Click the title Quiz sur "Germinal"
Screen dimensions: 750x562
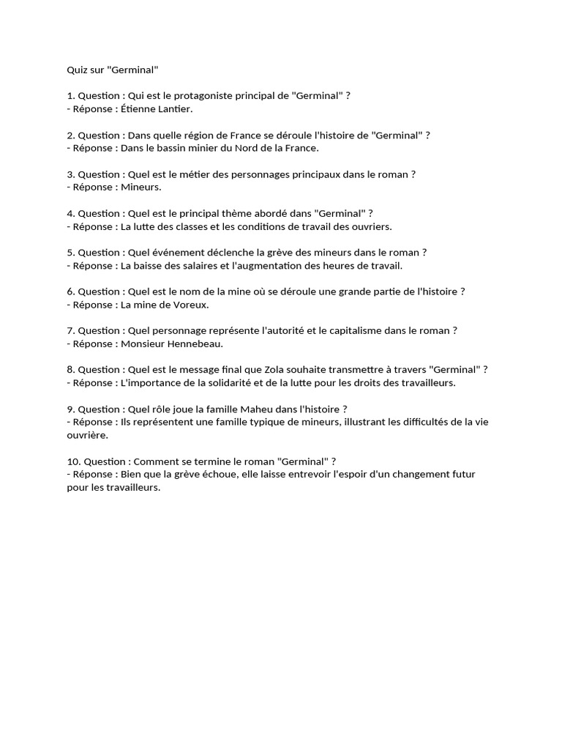[x=112, y=70]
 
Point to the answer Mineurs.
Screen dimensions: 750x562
[x=141, y=187]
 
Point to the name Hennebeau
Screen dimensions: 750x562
[x=194, y=343]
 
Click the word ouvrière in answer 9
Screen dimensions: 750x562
[x=89, y=434]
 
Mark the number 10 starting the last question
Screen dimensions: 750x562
[x=72, y=461]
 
